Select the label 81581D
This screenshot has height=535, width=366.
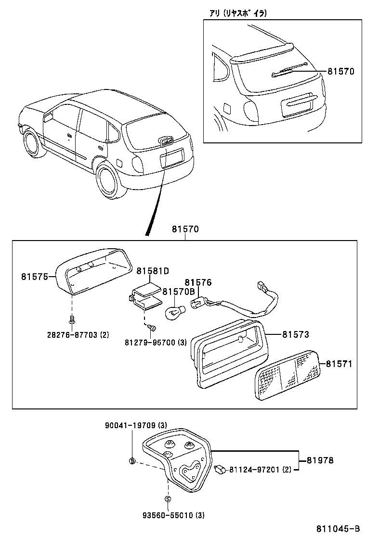(152, 271)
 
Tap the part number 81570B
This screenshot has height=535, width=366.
(178, 292)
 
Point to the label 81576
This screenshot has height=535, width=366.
(198, 282)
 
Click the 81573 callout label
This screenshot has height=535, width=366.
(295, 334)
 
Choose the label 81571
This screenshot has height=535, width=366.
(339, 364)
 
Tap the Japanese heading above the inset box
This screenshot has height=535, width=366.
(238, 13)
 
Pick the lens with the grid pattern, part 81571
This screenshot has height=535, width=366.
(287, 375)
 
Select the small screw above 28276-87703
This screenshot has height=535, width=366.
(71, 318)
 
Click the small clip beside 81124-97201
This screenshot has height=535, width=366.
(221, 468)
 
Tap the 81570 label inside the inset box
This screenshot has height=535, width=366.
(340, 71)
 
